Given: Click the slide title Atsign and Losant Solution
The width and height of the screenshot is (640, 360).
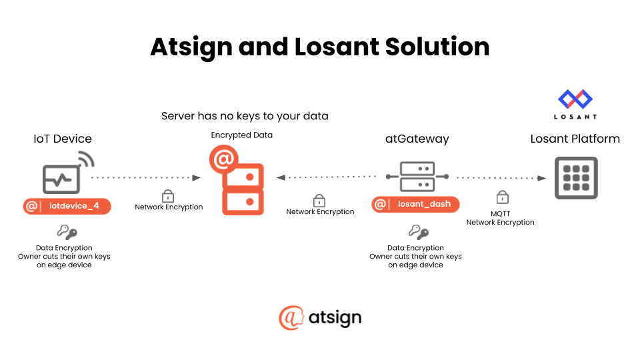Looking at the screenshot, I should point(320,47).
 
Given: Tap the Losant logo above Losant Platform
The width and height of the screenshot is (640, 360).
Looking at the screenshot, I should point(575,103).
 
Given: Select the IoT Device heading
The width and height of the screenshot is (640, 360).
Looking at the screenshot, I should point(63,139).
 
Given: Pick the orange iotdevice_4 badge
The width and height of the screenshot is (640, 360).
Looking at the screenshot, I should point(67,206).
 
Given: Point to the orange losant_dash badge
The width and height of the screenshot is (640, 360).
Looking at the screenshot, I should point(416,204).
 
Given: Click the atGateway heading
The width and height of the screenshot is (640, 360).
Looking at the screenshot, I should point(417,139).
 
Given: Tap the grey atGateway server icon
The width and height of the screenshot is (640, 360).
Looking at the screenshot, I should point(417,176).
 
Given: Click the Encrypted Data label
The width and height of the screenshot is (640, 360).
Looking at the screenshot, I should point(242,135).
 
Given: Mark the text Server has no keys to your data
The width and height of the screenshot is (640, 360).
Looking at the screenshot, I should point(245,116).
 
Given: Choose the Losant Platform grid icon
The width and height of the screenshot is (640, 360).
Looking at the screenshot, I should point(576,178).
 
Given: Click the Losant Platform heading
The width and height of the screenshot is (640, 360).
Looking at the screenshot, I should point(575,139).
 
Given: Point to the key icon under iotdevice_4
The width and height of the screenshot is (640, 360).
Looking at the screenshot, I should point(67,232).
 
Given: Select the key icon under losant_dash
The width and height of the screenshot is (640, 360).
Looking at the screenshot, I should point(418,232).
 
